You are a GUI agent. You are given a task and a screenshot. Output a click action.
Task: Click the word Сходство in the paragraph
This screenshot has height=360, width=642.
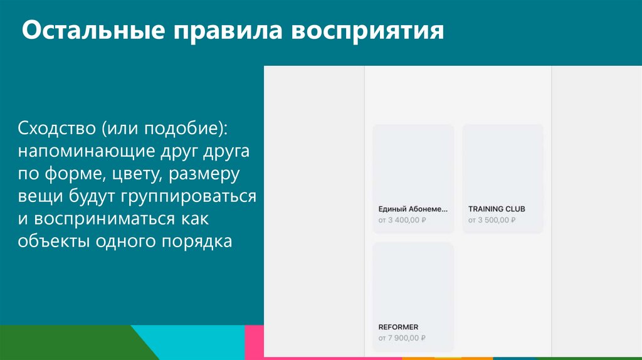coord(56,128)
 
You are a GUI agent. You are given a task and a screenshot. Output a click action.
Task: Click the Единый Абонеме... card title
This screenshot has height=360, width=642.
coord(413,209)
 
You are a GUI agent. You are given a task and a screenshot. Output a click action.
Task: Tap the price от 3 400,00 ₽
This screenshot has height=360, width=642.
coord(402,220)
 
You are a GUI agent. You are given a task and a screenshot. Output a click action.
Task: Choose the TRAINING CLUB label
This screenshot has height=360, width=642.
coord(497,209)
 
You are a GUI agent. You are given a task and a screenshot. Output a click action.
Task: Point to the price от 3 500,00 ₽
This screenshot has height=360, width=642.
coord(492,220)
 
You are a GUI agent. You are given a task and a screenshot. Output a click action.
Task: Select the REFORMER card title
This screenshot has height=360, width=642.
coord(398,327)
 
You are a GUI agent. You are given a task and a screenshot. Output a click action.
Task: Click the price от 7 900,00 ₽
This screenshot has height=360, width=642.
coord(402,338)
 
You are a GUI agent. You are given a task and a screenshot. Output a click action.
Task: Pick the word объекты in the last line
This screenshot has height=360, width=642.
coord(55,241)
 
